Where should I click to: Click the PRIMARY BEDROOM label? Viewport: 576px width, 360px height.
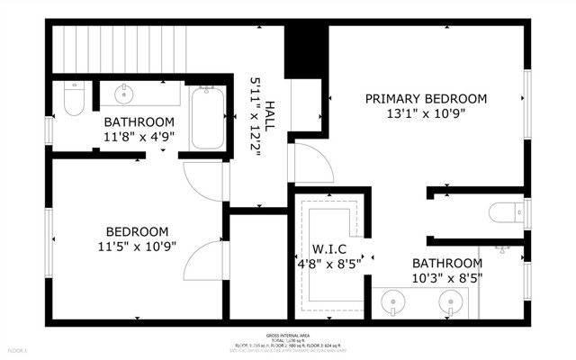pyautogui.click(x=426, y=99)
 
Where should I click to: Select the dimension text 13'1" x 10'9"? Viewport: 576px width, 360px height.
pyautogui.click(x=426, y=115)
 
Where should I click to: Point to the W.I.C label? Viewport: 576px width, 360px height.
pyautogui.click(x=328, y=249)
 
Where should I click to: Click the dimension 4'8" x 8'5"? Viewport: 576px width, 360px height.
pyautogui.click(x=328, y=265)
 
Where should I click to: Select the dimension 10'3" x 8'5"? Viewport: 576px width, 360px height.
pyautogui.click(x=447, y=279)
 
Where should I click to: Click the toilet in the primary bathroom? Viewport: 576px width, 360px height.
pyautogui.click(x=505, y=213)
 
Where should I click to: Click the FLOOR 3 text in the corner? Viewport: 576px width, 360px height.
pyautogui.click(x=17, y=349)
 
